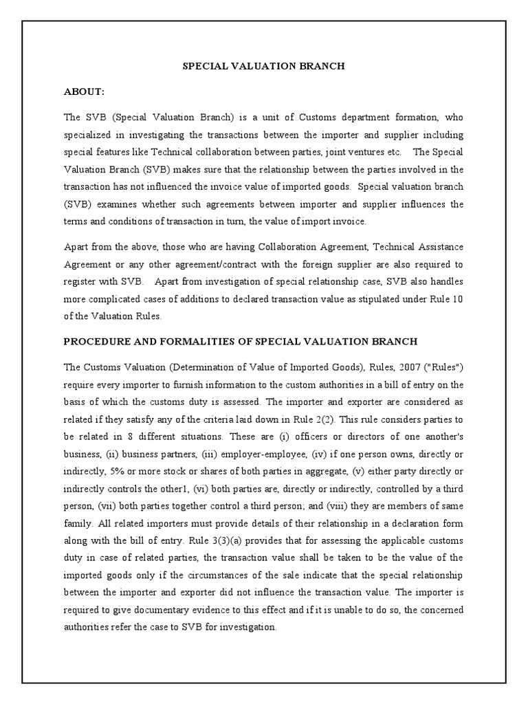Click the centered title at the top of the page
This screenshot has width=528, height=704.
coord(263,67)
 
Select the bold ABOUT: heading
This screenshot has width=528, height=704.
coord(85,91)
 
